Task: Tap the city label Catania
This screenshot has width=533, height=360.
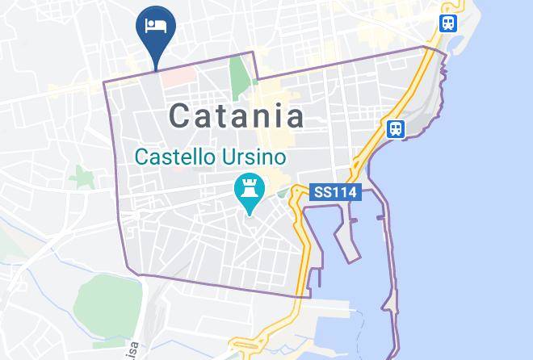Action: coord(237,116)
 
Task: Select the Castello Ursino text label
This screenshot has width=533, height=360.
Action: coord(211,156)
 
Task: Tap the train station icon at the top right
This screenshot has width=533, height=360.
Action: coord(448,23)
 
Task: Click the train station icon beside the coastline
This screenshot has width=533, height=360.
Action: coord(396,128)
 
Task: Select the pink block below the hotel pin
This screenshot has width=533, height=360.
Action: coord(178,77)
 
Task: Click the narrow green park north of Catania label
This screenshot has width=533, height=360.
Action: coord(240,75)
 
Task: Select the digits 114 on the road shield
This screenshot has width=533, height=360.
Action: coord(342,193)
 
